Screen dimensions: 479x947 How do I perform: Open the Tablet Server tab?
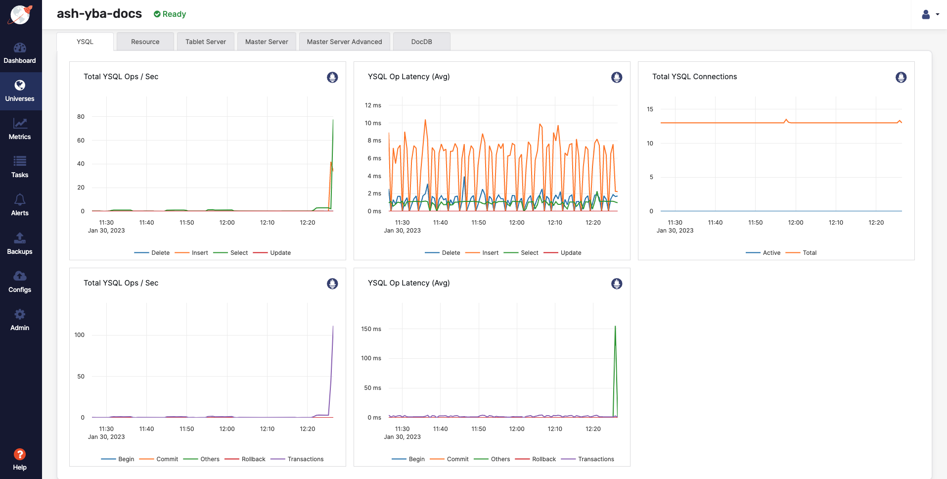pyautogui.click(x=206, y=42)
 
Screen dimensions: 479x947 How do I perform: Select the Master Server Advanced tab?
pyautogui.click(x=344, y=42)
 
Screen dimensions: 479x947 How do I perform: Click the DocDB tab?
pyautogui.click(x=421, y=42)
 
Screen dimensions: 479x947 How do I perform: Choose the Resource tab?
pyautogui.click(x=145, y=42)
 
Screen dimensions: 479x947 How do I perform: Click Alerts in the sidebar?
pyautogui.click(x=20, y=205)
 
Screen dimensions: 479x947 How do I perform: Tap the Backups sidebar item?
pyautogui.click(x=20, y=243)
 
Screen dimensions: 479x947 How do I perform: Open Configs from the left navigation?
pyautogui.click(x=20, y=282)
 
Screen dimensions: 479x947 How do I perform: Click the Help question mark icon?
pyautogui.click(x=20, y=454)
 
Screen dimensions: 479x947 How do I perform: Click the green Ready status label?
pyautogui.click(x=170, y=14)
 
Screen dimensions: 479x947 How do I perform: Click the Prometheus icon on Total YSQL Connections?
pyautogui.click(x=901, y=77)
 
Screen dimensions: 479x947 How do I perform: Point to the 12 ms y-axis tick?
pyautogui.click(x=373, y=105)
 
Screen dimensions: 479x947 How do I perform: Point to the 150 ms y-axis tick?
pyautogui.click(x=371, y=329)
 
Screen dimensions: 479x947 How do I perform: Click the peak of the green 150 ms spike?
pyautogui.click(x=615, y=326)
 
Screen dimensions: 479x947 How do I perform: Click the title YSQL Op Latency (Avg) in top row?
pyautogui.click(x=408, y=77)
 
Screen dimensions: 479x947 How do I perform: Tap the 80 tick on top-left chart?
pyautogui.click(x=81, y=117)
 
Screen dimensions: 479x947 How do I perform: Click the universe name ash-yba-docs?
pyautogui.click(x=99, y=14)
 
